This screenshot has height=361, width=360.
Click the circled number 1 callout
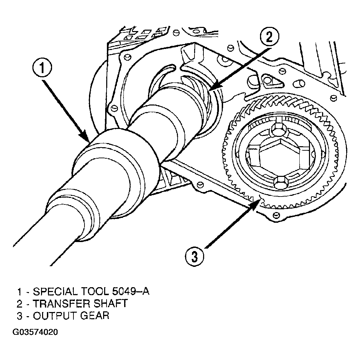pyautogui.click(x=42, y=68)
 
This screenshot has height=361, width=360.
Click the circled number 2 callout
pyautogui.click(x=269, y=37)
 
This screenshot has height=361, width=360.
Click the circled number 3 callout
pyautogui.click(x=194, y=256)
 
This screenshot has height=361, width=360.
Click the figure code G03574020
pyautogui.click(x=35, y=332)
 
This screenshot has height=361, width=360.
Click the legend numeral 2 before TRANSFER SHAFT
pyautogui.click(x=20, y=304)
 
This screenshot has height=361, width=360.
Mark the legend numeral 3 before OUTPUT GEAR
pyautogui.click(x=20, y=316)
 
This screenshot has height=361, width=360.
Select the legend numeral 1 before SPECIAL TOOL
pyautogui.click(x=20, y=292)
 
